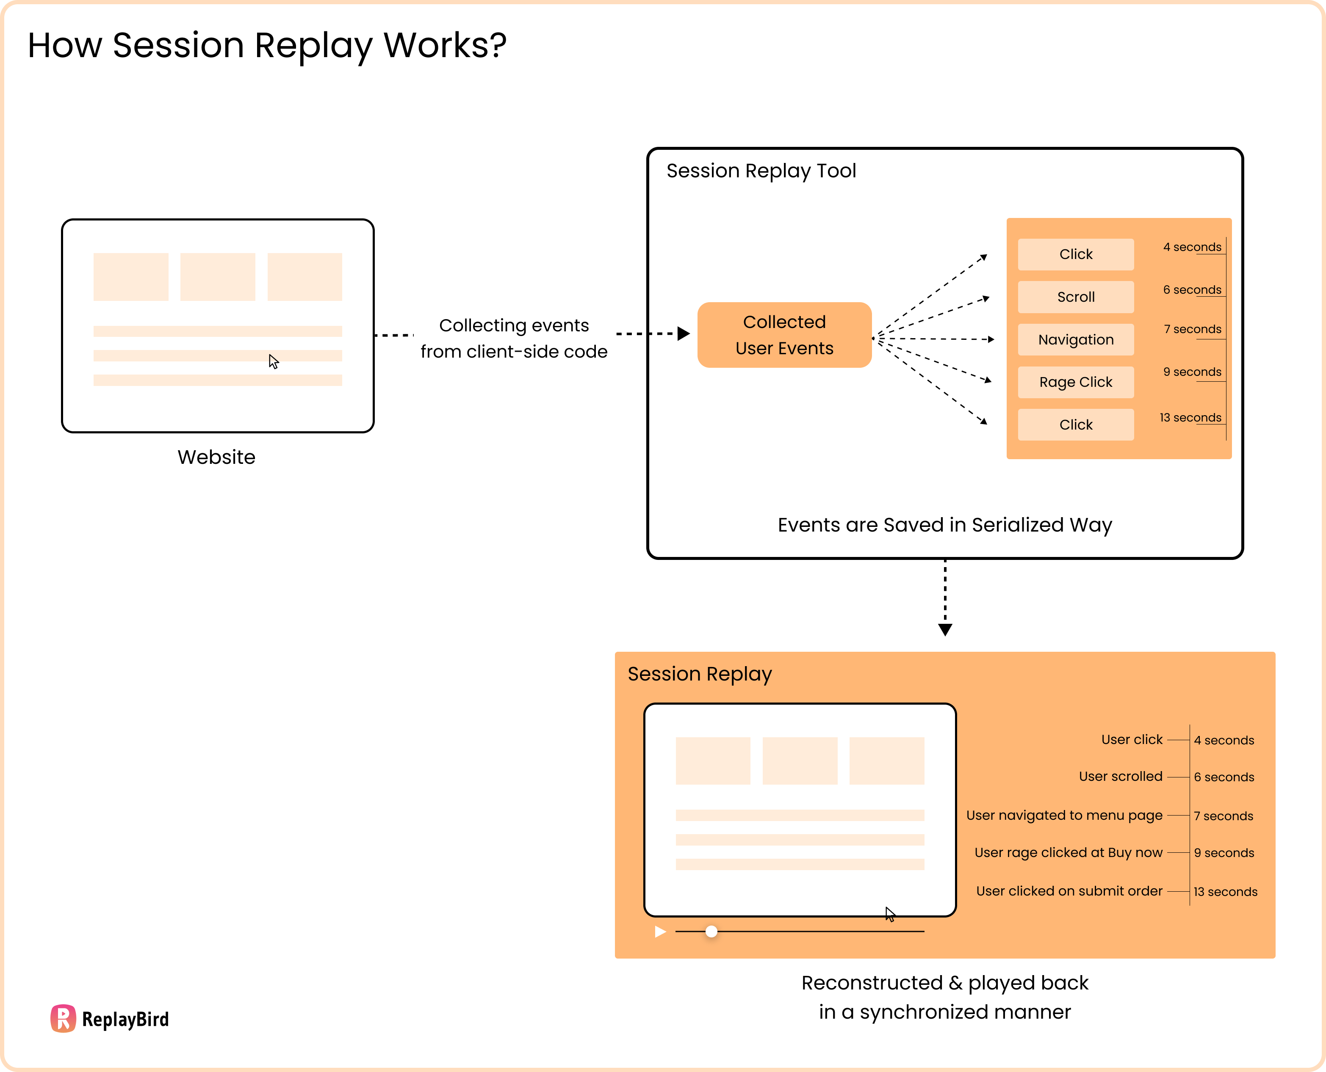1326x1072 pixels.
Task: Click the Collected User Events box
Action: pos(784,335)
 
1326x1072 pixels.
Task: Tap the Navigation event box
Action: pos(1075,340)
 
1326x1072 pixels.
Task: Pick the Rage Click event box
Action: pos(1075,382)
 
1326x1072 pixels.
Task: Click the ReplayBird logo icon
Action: pos(63,1018)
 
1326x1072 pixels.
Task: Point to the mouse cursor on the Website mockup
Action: pos(273,361)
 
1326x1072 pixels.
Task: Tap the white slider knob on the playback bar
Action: pos(711,931)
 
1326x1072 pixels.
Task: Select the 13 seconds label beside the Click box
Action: pos(1190,417)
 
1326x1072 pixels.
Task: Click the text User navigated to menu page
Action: pos(1064,815)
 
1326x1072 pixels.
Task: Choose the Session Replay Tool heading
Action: pos(761,171)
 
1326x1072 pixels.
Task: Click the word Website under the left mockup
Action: pos(216,457)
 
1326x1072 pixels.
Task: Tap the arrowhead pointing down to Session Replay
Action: pos(945,629)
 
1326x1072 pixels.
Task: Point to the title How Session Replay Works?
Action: pos(267,45)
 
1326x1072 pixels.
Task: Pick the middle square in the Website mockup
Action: pos(218,277)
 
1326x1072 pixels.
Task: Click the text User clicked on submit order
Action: pos(1069,891)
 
